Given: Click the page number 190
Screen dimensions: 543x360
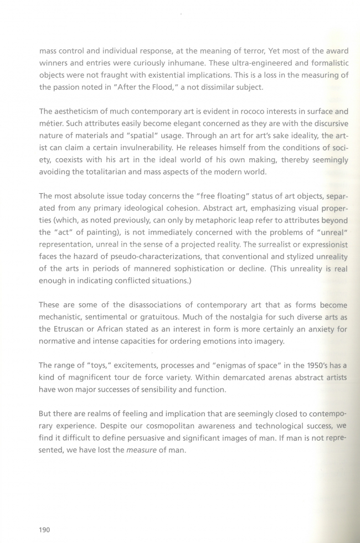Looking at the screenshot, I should (45, 530).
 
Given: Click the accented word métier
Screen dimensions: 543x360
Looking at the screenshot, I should (51, 123).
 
